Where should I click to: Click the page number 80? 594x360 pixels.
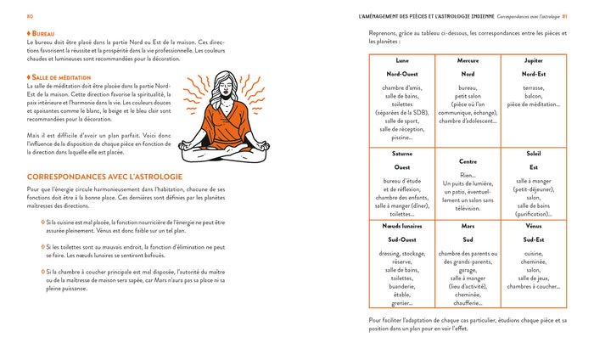30,16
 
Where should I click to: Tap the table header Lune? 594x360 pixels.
401,61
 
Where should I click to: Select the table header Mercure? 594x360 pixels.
468,61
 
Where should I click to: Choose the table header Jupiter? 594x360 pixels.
534,61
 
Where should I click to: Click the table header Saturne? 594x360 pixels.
401,154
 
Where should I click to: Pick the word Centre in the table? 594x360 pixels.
468,161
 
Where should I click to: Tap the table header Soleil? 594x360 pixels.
534,154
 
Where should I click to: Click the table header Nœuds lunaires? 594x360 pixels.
401,227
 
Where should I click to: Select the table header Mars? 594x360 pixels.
468,227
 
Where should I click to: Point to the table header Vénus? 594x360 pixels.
534,227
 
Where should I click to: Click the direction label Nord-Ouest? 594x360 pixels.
401,74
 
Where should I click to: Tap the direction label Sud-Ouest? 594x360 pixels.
401,240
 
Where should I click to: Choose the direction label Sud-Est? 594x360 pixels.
534,240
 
